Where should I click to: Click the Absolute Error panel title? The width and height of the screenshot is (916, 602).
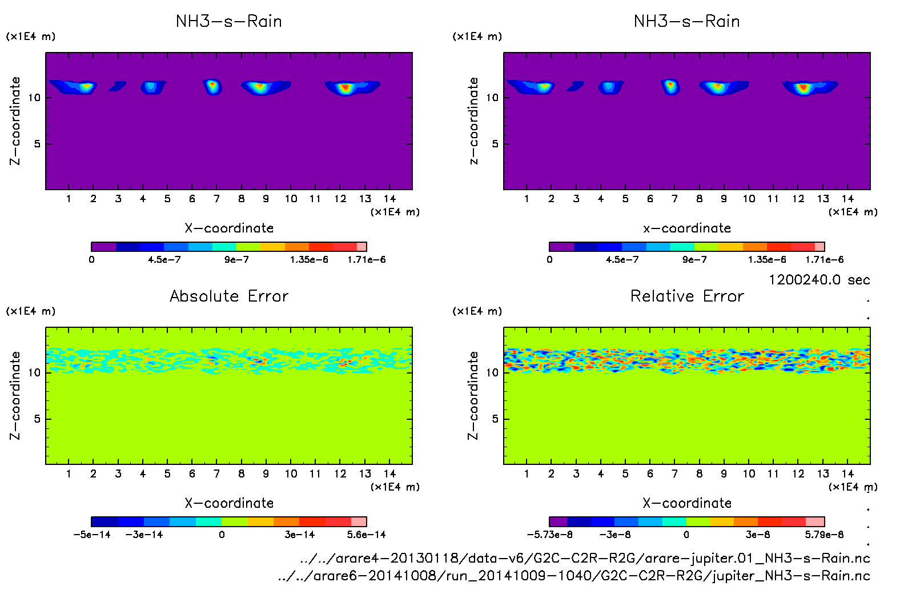(x=229, y=296)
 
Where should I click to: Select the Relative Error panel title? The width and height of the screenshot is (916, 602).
(x=687, y=296)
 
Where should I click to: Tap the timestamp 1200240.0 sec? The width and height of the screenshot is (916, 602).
(x=819, y=280)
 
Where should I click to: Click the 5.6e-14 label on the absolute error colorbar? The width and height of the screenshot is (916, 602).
(x=366, y=535)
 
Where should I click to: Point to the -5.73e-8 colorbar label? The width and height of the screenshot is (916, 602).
(x=549, y=535)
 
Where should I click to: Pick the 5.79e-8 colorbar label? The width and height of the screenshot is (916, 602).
(x=824, y=535)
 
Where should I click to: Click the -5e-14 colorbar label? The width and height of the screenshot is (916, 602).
(x=92, y=535)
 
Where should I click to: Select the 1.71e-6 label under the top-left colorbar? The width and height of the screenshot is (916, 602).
(x=366, y=260)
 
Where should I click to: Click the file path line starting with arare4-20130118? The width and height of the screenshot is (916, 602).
(x=585, y=558)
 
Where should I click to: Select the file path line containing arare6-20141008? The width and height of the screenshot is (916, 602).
(x=574, y=576)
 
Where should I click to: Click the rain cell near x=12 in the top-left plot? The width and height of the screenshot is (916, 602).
(x=345, y=87)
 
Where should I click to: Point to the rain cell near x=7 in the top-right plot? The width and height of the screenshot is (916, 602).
(x=670, y=86)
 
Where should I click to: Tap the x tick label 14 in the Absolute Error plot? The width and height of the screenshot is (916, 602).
(x=389, y=473)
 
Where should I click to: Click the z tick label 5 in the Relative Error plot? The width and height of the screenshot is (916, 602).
(x=495, y=419)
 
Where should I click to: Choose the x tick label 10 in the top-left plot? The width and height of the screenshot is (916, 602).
(x=291, y=199)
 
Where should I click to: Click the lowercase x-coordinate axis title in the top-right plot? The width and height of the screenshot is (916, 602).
(x=687, y=228)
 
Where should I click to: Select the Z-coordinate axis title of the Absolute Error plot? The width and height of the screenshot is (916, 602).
(x=15, y=395)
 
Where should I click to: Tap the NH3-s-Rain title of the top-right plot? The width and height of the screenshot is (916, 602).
(x=687, y=21)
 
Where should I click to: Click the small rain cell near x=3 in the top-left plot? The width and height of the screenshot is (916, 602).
(x=118, y=86)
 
